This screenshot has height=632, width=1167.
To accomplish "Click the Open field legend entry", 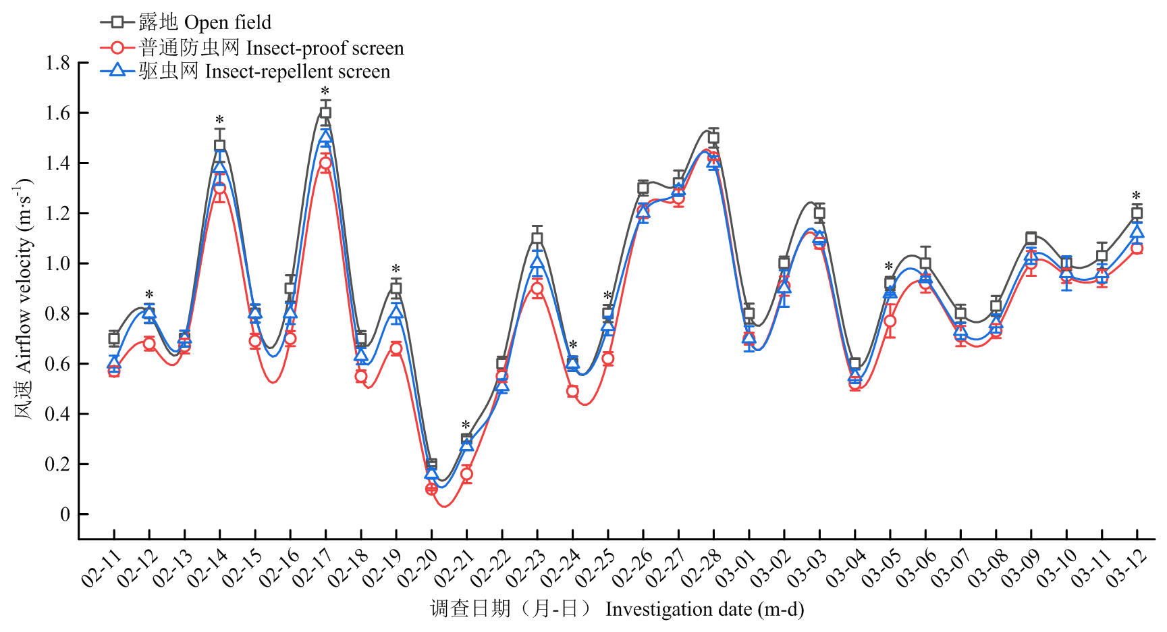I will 186,22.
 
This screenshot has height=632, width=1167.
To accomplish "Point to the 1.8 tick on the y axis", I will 57,63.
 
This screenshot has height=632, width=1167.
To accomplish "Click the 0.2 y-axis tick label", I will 57,465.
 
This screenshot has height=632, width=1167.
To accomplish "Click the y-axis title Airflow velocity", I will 24,297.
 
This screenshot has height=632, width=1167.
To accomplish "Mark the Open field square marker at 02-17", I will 325,113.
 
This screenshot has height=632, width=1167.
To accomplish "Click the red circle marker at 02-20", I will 431,489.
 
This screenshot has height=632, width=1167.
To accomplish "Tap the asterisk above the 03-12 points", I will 1137,196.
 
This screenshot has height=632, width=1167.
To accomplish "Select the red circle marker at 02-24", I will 572,391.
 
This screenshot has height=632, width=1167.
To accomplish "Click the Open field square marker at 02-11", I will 114,338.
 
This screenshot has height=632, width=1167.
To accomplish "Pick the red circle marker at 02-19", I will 396,348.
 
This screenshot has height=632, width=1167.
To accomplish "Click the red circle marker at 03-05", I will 890,321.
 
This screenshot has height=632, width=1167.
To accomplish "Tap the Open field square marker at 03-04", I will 854,363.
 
